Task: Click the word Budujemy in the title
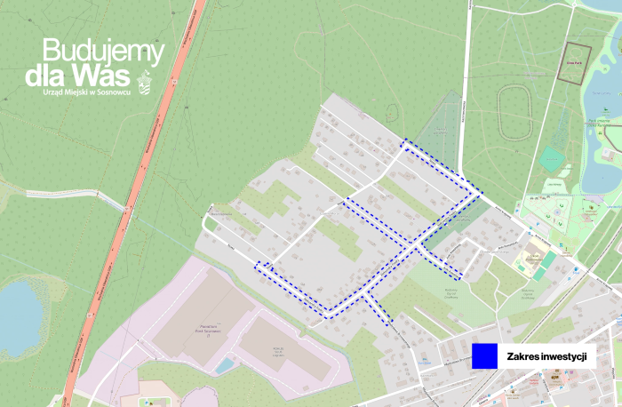103,52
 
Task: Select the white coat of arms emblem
146,84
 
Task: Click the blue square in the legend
483,355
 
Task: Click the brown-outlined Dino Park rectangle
573,64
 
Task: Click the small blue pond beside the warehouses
224,365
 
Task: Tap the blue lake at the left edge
19,316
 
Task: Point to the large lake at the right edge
600,107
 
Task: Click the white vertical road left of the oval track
467,89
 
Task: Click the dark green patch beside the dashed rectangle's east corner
453,222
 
